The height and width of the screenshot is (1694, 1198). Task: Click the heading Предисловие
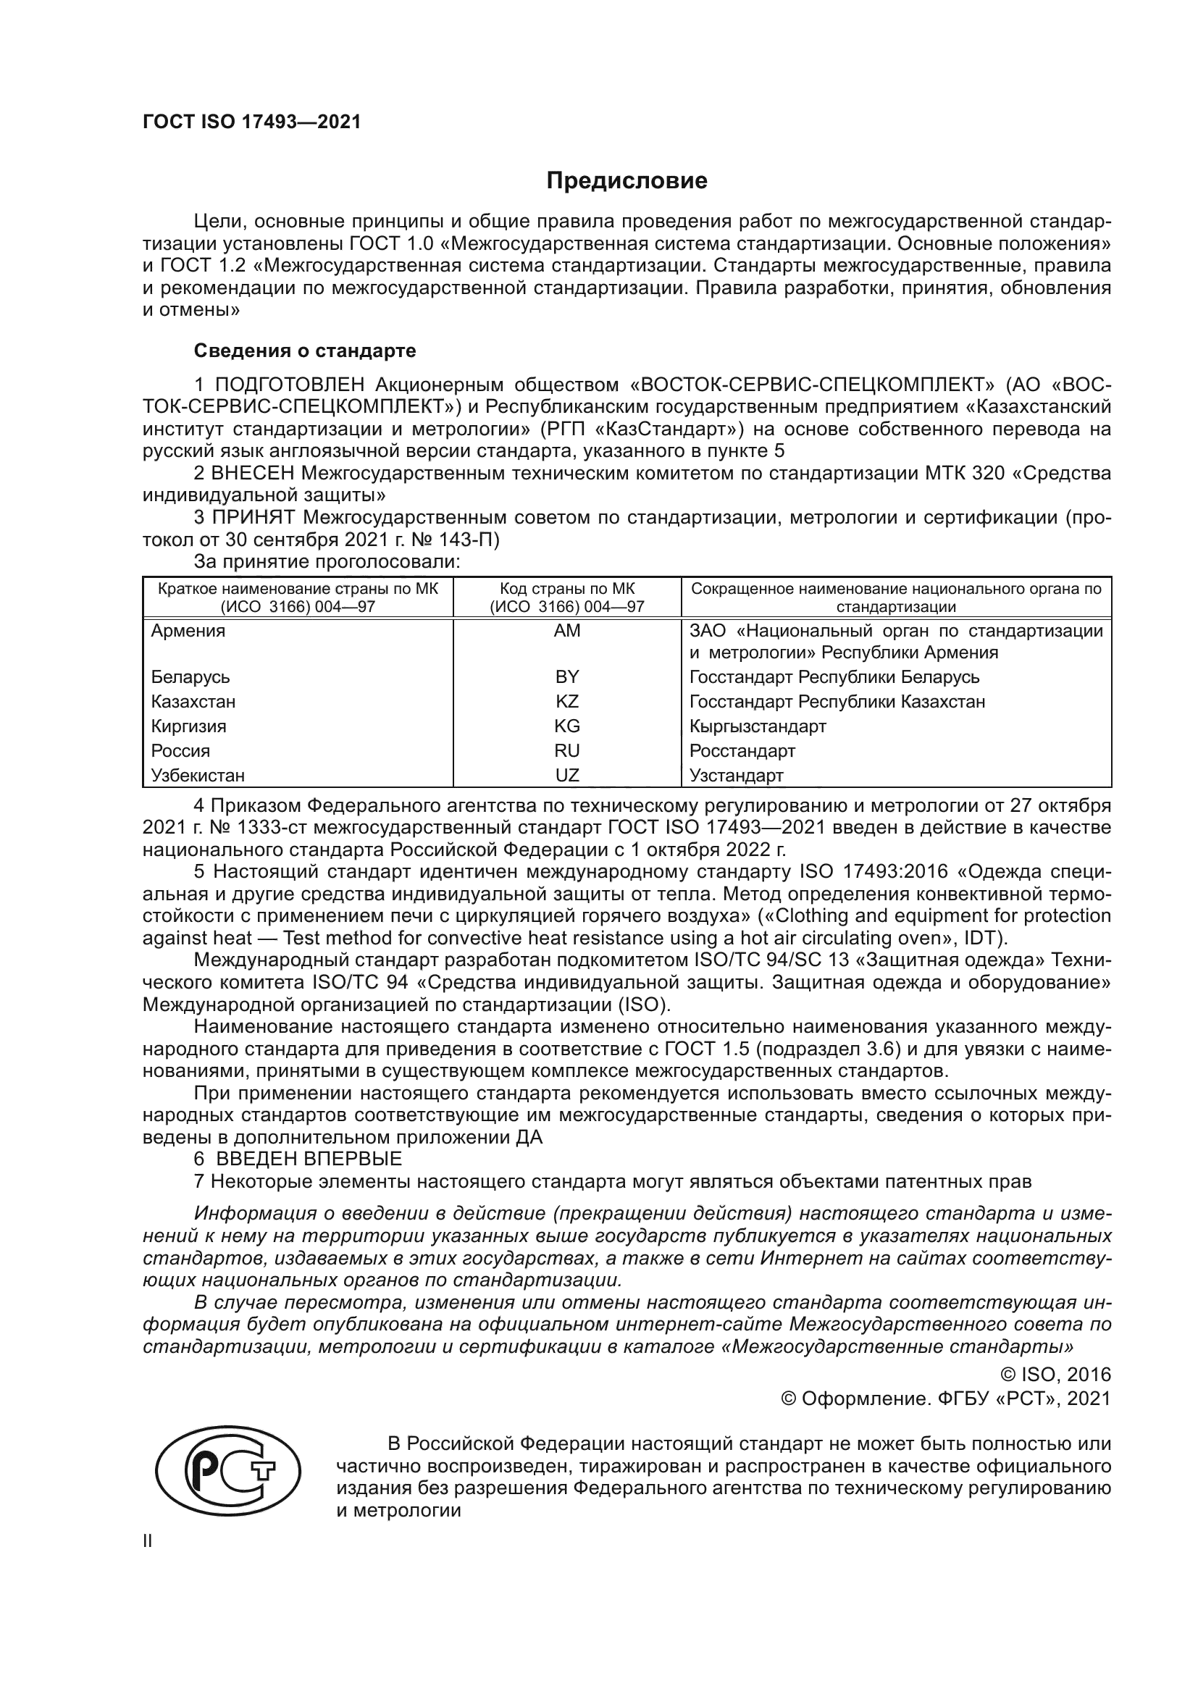pos(627,181)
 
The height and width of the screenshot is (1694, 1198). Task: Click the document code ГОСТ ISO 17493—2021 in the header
pos(251,122)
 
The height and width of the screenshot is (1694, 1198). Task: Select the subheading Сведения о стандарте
pos(305,351)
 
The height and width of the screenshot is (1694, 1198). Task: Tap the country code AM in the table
pos(566,631)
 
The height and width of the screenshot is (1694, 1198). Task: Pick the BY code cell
pos(566,676)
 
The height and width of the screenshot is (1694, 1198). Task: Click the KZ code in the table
pos(566,701)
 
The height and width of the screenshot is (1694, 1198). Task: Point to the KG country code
pos(566,726)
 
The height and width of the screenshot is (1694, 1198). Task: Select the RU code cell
pos(566,750)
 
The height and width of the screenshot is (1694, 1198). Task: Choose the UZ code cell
pos(566,775)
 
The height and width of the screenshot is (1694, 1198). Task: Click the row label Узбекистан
pos(198,776)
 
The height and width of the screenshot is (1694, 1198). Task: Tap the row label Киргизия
pos(189,726)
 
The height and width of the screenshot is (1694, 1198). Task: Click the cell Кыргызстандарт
pos(758,726)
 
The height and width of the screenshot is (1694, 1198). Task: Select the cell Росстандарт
pos(742,751)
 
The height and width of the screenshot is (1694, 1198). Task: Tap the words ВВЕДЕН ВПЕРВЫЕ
pos(309,1158)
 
